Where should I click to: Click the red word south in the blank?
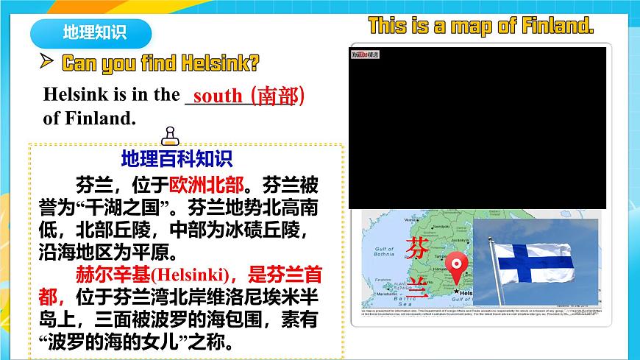[217, 95]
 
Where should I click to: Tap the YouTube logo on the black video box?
[364, 54]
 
